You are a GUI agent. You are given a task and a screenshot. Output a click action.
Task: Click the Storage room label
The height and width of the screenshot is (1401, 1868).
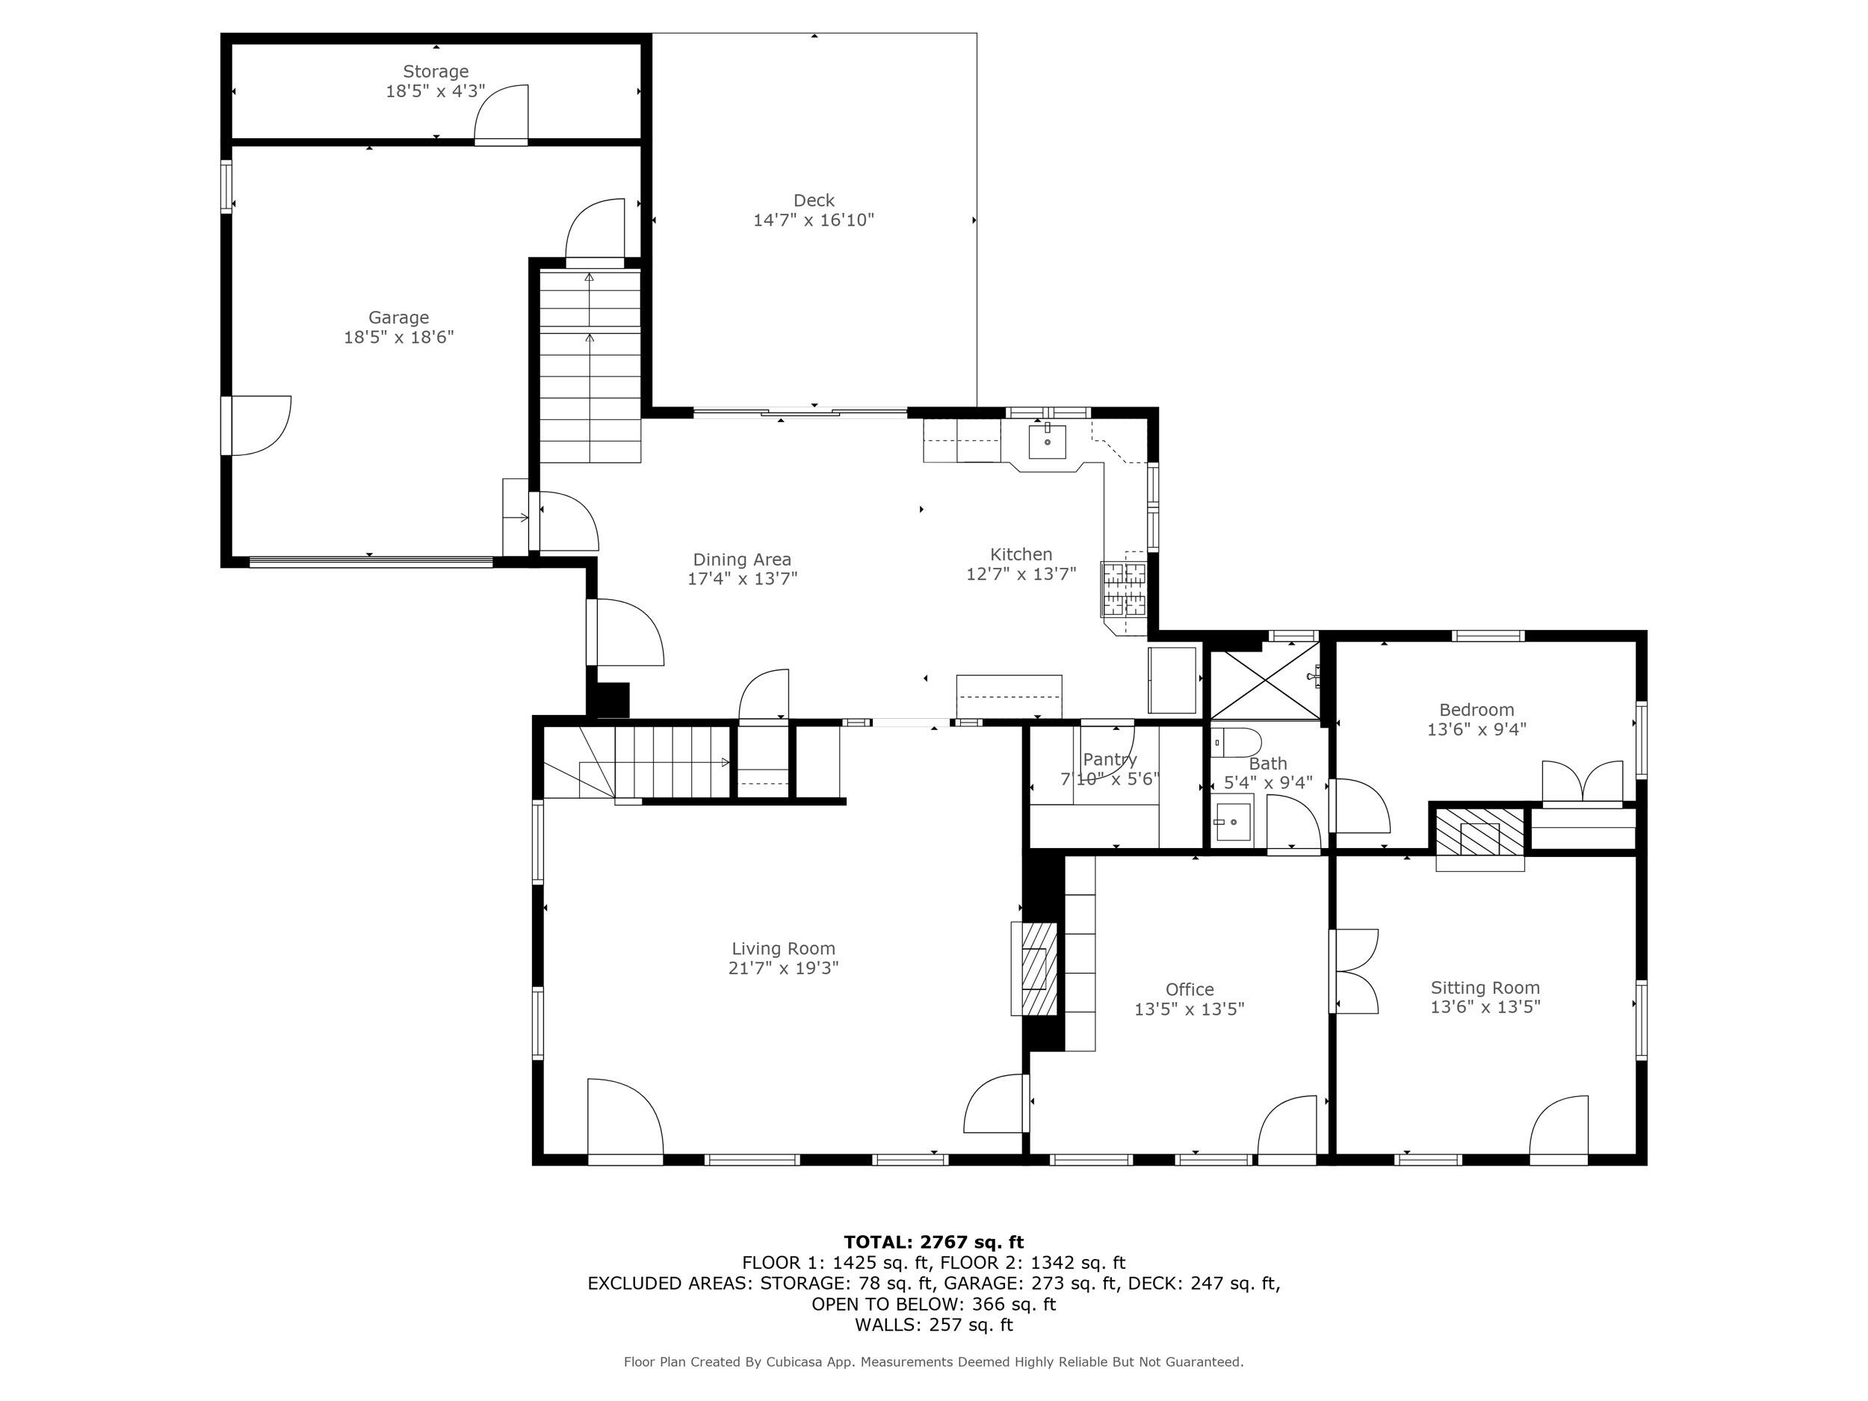[435, 72]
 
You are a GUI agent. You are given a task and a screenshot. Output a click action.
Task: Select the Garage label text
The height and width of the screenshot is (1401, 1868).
[398, 318]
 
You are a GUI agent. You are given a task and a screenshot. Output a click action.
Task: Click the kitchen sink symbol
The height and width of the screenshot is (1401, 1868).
[1047, 441]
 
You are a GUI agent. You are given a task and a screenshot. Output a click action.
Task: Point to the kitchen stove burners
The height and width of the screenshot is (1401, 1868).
[1124, 589]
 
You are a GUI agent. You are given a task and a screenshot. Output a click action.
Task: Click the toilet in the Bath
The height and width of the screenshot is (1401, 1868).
[1237, 742]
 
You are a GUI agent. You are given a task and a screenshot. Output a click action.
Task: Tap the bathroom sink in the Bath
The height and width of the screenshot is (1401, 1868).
[1232, 821]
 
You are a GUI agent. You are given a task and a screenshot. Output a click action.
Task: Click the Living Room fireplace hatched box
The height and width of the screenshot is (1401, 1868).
[1036, 968]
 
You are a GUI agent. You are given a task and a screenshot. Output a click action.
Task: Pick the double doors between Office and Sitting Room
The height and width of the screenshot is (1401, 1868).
[1354, 971]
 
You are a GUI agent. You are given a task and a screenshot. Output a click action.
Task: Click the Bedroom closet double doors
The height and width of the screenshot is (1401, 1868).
[1582, 782]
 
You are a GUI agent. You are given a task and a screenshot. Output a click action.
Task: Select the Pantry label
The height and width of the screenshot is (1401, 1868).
[1110, 759]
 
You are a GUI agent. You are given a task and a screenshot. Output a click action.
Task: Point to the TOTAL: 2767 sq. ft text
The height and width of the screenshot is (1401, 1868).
[933, 1243]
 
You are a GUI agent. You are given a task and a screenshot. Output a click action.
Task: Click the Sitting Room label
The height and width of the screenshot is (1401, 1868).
[1485, 987]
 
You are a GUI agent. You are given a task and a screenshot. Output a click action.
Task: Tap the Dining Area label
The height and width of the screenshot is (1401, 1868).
[741, 559]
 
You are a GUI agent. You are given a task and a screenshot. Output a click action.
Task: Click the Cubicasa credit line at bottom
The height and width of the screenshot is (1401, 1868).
[933, 1362]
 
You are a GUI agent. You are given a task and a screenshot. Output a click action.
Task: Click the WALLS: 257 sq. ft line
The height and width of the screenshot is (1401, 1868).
[933, 1324]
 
